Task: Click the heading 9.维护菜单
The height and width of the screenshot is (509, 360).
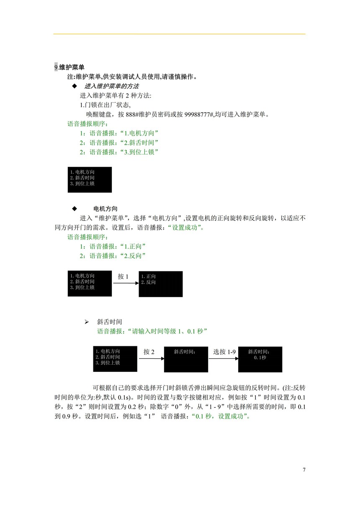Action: tap(69, 67)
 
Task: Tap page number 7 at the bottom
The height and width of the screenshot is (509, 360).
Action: tap(304, 470)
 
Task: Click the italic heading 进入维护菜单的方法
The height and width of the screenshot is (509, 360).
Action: tap(111, 86)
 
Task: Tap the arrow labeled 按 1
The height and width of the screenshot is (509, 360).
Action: tap(125, 283)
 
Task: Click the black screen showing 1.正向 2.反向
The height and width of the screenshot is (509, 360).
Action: tap(161, 284)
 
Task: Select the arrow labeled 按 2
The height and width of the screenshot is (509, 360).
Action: tap(150, 358)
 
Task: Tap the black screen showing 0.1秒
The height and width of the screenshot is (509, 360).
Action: tap(260, 359)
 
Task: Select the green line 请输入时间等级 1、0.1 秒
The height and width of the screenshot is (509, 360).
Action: tap(152, 331)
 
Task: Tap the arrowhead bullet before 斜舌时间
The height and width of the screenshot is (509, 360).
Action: tap(87, 322)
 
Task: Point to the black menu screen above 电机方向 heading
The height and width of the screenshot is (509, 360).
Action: tap(90, 180)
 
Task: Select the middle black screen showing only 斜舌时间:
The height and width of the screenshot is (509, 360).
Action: tap(186, 359)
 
